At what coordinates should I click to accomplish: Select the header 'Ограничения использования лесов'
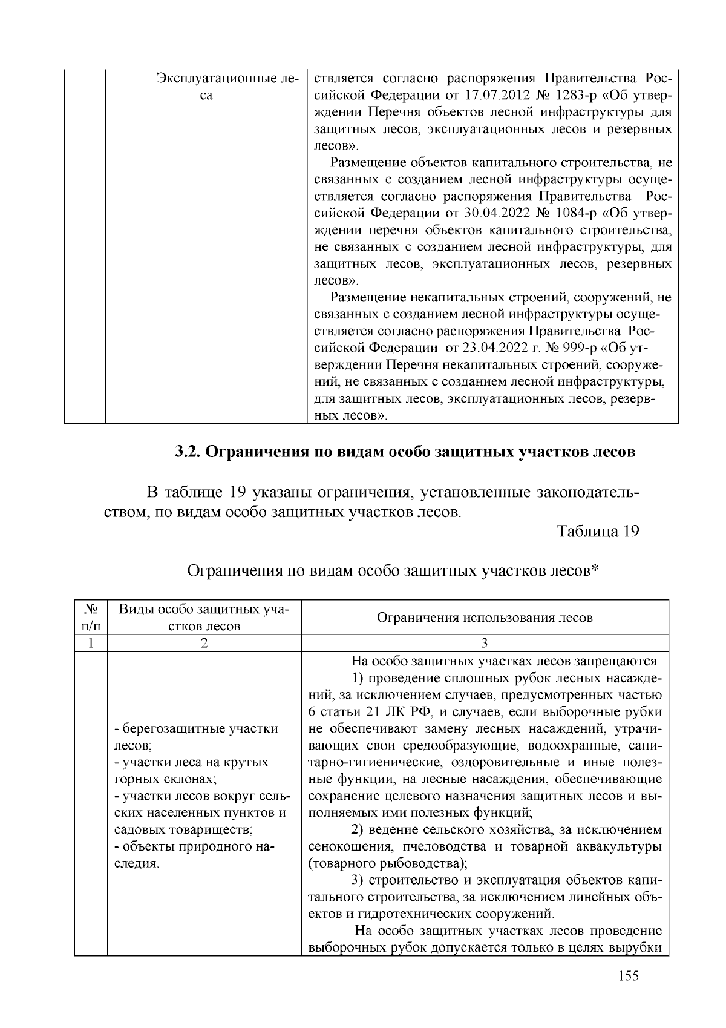(485, 618)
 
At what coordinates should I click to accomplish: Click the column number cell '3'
(485, 643)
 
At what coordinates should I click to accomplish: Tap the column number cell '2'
(204, 643)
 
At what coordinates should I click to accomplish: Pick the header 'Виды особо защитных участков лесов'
(204, 617)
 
